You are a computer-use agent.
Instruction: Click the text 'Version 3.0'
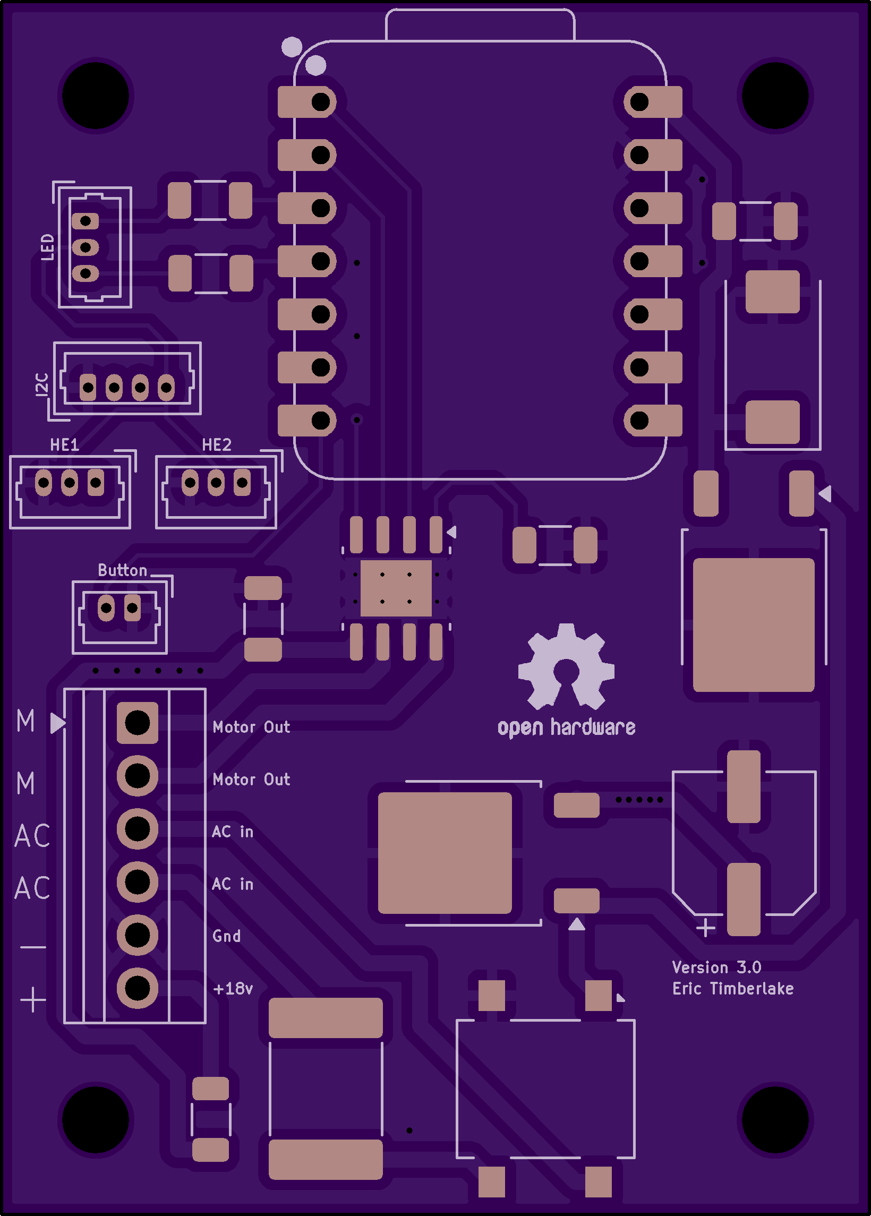[716, 967]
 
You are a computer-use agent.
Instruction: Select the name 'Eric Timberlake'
[732, 988]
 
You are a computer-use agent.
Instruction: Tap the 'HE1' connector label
[64, 444]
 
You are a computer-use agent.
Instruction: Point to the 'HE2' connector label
[217, 444]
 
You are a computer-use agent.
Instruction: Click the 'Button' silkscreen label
[122, 570]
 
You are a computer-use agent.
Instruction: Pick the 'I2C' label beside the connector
[41, 384]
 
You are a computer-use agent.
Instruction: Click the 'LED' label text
[48, 246]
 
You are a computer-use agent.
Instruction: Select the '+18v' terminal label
[233, 988]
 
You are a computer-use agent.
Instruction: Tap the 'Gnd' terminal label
[226, 936]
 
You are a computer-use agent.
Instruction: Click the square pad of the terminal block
[138, 723]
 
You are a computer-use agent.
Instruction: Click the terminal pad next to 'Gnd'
[138, 935]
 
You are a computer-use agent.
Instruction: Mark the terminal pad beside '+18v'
[138, 988]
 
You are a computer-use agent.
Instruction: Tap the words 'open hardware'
[566, 727]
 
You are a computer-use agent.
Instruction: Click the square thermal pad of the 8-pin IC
[396, 588]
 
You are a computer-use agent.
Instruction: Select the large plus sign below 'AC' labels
[33, 999]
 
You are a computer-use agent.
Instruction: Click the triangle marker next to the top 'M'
[58, 723]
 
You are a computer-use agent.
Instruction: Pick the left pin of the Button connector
[106, 608]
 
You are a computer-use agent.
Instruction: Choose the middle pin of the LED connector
[86, 247]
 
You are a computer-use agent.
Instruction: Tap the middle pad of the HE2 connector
[216, 483]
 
